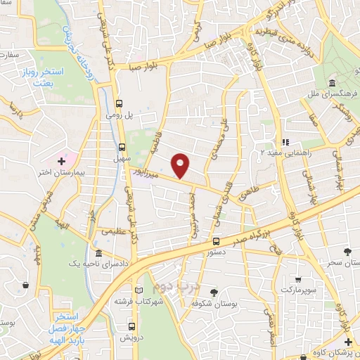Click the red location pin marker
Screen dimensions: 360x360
pyautogui.click(x=181, y=165)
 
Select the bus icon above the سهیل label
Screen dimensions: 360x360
pyautogui.click(x=122, y=147)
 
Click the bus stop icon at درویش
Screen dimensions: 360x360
pyautogui.click(x=131, y=326)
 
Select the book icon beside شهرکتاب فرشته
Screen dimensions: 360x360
pyautogui.click(x=139, y=290)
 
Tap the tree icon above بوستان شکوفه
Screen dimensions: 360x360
pyautogui.click(x=214, y=292)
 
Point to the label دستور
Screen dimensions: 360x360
pyautogui.click(x=210, y=250)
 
